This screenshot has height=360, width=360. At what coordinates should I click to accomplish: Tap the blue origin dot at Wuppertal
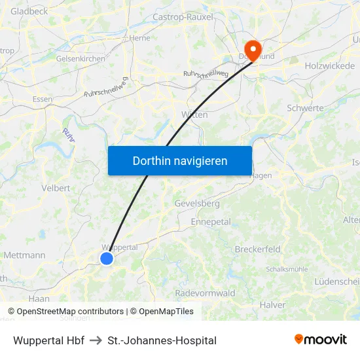point(107,259)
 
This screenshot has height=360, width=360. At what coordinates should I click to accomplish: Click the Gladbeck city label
point(29,11)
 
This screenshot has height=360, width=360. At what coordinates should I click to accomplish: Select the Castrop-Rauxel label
point(183,16)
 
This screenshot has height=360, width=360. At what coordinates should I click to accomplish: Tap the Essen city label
point(42,99)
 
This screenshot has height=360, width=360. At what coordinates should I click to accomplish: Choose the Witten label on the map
point(194,115)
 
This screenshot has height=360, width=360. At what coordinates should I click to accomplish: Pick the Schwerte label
point(305,108)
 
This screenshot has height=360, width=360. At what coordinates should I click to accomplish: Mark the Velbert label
point(56,188)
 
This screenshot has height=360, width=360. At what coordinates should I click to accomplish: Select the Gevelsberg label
point(197,204)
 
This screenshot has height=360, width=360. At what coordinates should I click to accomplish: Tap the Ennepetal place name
point(211,222)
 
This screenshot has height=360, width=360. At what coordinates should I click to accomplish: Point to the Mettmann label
point(24,255)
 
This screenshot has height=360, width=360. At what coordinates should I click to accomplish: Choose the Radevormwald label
point(205,293)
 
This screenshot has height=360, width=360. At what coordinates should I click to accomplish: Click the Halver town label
point(272,305)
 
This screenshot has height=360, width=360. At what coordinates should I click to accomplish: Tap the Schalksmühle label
point(287,269)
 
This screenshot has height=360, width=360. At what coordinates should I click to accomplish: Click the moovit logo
point(321,340)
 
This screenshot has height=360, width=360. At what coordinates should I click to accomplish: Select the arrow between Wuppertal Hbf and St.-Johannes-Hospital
point(96,340)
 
